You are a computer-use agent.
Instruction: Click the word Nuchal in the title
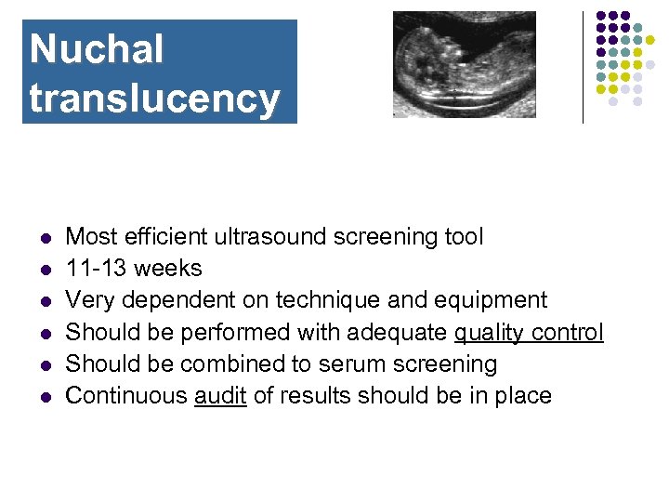tap(97, 49)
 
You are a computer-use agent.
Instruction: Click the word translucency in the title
tap(154, 98)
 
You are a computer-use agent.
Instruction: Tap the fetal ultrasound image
tap(464, 64)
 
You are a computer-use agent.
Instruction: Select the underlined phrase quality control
tap(529, 333)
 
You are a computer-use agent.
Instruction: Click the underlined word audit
tap(219, 396)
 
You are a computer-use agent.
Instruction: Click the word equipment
tap(493, 300)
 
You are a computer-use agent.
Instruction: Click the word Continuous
tap(126, 396)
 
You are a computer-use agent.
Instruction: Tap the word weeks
tap(167, 269)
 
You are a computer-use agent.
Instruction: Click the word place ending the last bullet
tap(523, 396)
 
